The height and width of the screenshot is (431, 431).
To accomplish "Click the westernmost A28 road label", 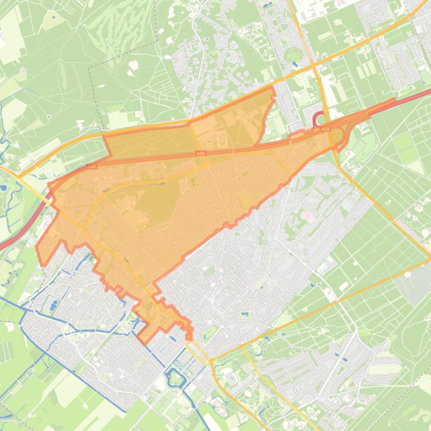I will pos(92,166).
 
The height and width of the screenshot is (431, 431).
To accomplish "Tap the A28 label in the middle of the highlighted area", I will pos(200,153).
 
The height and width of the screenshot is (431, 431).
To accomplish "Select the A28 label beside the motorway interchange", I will pos(326,129).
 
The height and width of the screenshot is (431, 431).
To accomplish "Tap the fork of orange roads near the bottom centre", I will pos(212,358).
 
